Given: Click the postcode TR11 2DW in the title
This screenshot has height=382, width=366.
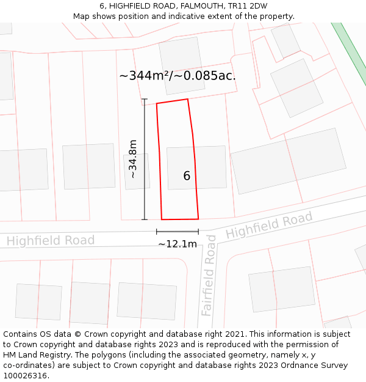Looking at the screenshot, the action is (246, 6).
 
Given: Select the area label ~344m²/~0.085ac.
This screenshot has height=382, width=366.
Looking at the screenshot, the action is (178, 76).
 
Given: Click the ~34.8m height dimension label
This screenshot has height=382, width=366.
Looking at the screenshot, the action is (133, 159).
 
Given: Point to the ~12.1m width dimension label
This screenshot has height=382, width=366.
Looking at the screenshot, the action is (178, 244).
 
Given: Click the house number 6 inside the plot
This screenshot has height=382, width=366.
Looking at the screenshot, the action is (187, 176).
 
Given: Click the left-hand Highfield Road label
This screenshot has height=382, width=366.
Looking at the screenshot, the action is (51, 240).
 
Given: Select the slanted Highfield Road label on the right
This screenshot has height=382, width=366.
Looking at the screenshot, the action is (269, 226).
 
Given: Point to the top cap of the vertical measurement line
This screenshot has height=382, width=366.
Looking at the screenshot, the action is (145, 99).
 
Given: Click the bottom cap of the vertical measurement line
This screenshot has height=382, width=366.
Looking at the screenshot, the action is (145, 219).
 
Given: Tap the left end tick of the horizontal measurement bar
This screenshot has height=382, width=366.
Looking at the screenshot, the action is (157, 232).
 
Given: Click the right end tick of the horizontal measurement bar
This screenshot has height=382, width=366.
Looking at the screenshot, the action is (198, 232).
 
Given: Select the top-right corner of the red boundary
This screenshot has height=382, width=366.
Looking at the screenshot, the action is (187, 99).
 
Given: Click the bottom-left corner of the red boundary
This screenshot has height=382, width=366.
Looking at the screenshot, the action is (162, 219).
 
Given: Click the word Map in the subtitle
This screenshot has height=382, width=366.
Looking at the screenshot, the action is (82, 17).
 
